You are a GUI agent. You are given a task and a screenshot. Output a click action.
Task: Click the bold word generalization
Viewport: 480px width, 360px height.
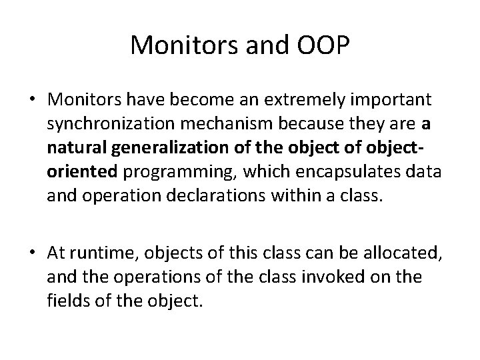click(173, 145)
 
